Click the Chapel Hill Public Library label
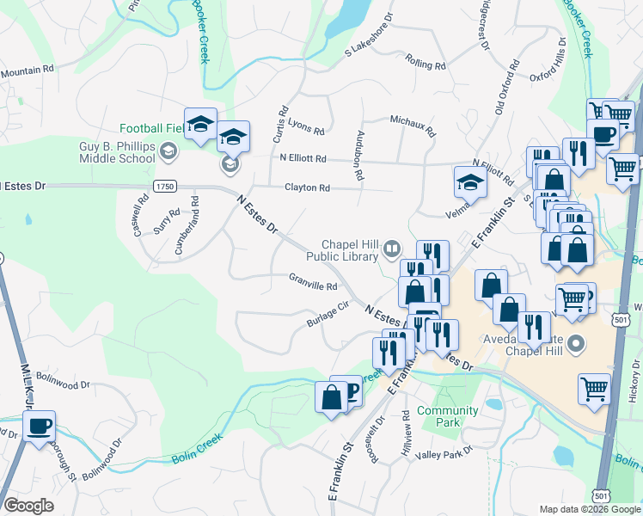[x=351, y=249]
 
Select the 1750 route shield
[x=165, y=186]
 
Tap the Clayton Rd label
[x=307, y=187]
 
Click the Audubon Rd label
[x=360, y=156]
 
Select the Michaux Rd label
[x=413, y=126]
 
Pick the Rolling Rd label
[x=426, y=65]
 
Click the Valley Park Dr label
[x=445, y=451]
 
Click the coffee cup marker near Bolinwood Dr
[x=40, y=425]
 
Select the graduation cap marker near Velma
[x=470, y=181]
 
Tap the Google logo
[x=29, y=506]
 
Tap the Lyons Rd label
[x=306, y=129]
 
